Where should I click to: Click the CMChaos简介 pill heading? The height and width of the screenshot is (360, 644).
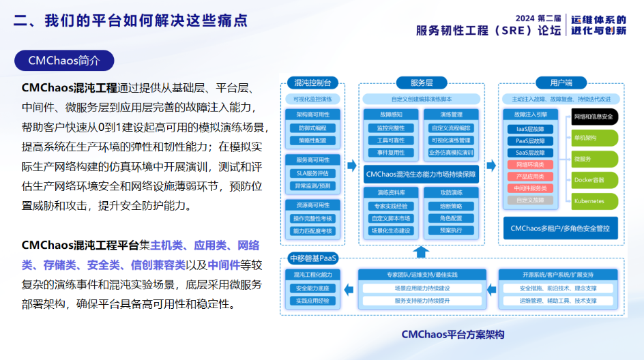pos(64,61)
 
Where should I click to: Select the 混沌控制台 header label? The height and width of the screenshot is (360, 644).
pos(312,82)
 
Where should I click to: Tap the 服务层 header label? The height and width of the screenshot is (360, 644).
pos(422,82)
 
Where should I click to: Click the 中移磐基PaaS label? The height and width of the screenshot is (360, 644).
pos(313,258)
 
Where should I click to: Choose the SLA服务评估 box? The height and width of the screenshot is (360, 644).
pos(312,173)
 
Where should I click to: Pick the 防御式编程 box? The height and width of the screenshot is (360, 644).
pos(312,127)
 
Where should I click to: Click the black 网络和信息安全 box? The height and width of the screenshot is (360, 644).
pos(594,117)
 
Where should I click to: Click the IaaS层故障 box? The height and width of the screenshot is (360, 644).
pos(530,128)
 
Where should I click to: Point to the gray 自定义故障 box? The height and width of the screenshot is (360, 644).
pos(530,200)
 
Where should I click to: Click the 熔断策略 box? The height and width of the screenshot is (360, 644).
pos(451,206)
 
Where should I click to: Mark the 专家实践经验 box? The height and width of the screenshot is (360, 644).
pos(390,206)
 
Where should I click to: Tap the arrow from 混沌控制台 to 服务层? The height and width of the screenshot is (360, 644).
pos(352,165)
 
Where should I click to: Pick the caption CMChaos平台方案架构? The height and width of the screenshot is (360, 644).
pos(452,335)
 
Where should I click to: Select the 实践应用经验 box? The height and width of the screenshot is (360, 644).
pos(312,301)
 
